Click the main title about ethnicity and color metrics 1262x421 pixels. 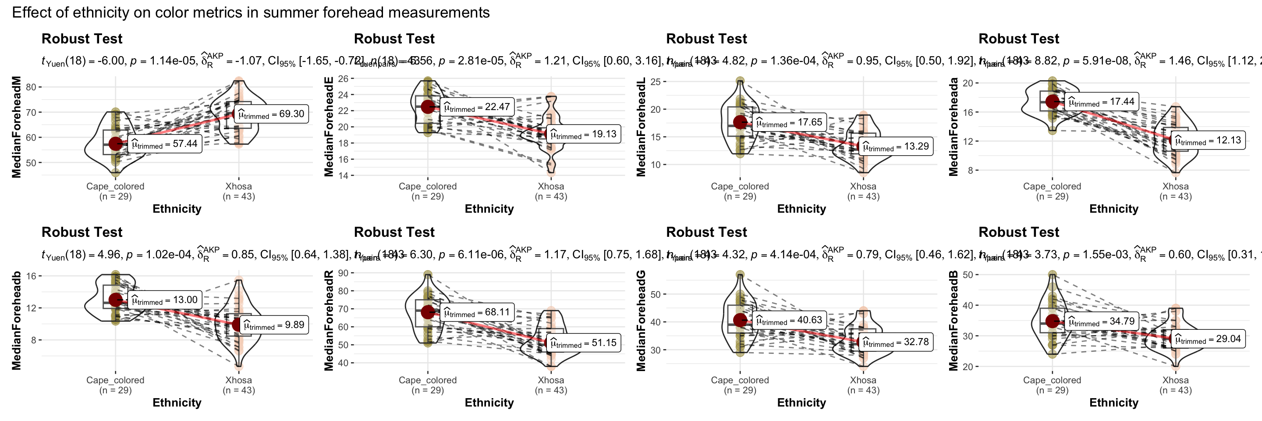[x=250, y=12]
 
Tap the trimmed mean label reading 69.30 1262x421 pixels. [x=271, y=114]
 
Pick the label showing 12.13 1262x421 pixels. [x=1208, y=141]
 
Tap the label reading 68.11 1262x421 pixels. [x=476, y=312]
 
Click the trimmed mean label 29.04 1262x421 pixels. [x=1208, y=339]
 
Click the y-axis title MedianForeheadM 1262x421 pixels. [x=17, y=127]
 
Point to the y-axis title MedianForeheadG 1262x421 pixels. [x=641, y=321]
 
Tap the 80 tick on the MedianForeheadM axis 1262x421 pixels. [x=32, y=87]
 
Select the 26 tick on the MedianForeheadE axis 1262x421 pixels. [x=343, y=78]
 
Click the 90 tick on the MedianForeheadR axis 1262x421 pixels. [x=343, y=273]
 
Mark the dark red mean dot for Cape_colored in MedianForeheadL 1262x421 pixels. [x=740, y=122]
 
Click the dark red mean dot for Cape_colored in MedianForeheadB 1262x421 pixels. [x=1052, y=321]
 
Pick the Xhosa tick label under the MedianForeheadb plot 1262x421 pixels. [x=238, y=380]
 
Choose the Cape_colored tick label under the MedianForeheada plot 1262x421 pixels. [x=1052, y=187]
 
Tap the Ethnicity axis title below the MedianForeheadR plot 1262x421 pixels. [x=489, y=403]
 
